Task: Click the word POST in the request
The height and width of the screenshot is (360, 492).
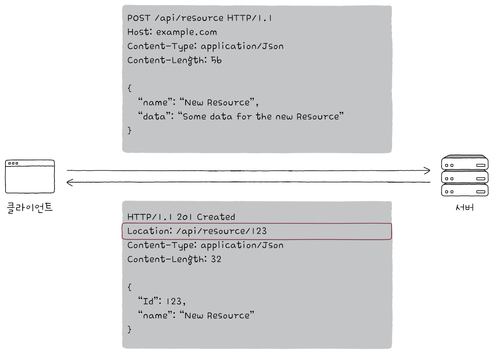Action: [x=139, y=18]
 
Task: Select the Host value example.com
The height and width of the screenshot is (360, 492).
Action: [x=186, y=32]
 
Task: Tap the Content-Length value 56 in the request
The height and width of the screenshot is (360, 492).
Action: [x=216, y=60]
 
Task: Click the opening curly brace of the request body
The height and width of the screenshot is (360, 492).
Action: [x=130, y=88]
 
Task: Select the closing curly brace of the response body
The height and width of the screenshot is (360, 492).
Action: [x=130, y=329]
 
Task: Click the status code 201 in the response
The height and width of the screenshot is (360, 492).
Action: [x=184, y=217]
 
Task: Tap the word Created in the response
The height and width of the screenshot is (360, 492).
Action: [x=216, y=217]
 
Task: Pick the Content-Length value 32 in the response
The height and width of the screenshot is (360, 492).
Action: [x=216, y=259]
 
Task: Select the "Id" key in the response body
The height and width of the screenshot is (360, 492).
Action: [x=150, y=301]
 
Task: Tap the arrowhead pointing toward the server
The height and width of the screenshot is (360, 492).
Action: [x=427, y=170]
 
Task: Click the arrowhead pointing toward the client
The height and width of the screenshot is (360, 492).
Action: [x=70, y=182]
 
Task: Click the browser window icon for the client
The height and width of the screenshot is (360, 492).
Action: [x=30, y=176]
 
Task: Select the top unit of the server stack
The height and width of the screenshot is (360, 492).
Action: [x=465, y=162]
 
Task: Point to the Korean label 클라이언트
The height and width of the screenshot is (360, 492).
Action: [x=30, y=208]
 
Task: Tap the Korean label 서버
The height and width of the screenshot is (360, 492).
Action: [x=465, y=207]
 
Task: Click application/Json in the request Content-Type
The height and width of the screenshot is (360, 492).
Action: [x=242, y=46]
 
